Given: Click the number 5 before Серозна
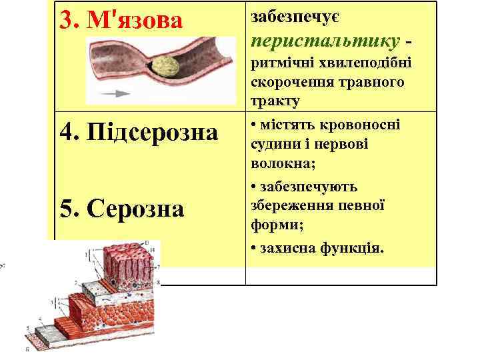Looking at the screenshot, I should [x=67, y=209].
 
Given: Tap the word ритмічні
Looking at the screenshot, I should [x=276, y=65].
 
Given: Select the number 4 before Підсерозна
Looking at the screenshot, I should [x=67, y=131].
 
